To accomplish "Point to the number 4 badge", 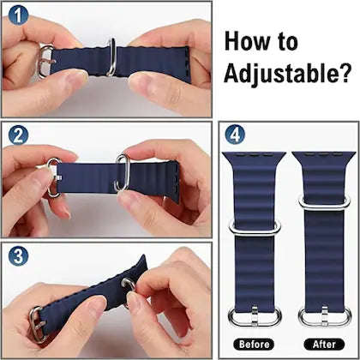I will pos(235,135).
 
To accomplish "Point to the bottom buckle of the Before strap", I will pos(254,314).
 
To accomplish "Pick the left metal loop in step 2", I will pos(53,177).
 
